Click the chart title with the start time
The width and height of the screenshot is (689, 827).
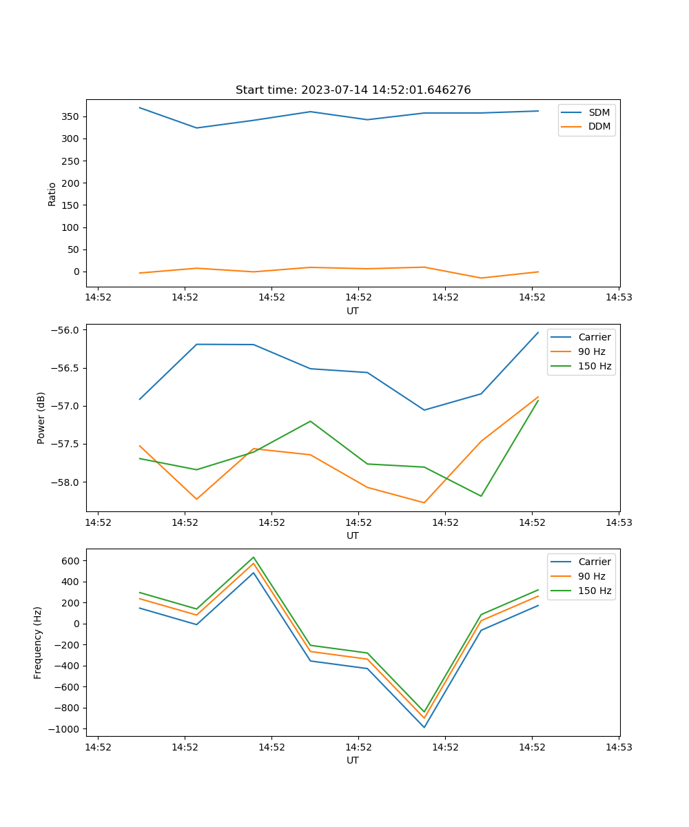pos(353,90)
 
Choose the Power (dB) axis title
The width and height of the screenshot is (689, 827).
pos(41,418)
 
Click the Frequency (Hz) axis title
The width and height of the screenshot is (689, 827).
pos(38,642)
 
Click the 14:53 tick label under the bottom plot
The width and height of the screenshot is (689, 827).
pos(619,746)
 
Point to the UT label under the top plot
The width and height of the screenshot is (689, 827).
pos(353,311)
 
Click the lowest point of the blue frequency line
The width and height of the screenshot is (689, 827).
pos(424,727)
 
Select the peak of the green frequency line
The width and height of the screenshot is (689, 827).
pos(254,558)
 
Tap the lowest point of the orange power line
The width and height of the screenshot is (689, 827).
pos(424,502)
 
